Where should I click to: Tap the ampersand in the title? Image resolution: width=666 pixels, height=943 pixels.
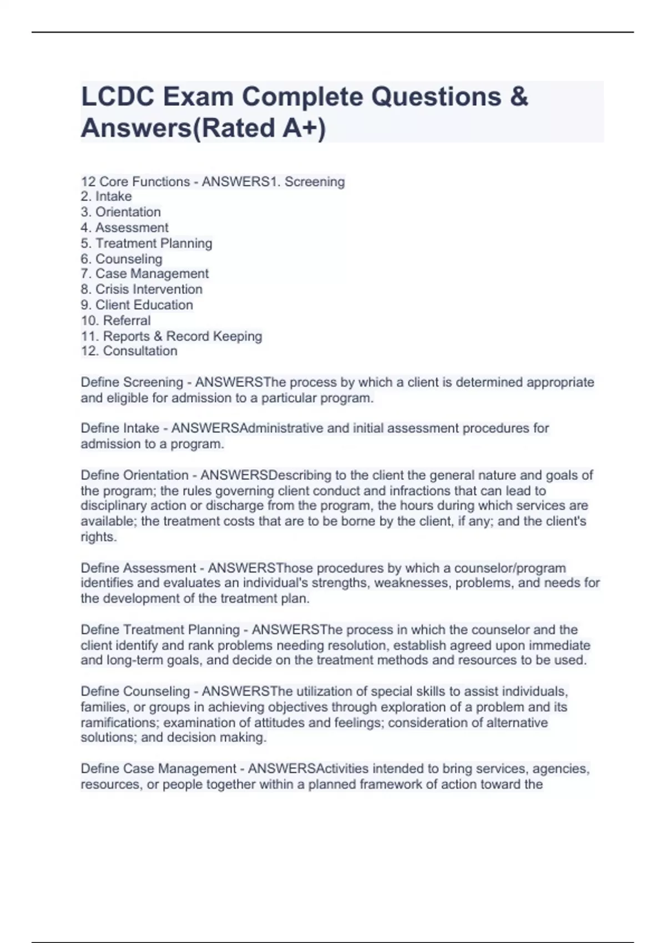click(518, 97)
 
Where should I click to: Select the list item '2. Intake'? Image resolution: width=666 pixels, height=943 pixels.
click(106, 196)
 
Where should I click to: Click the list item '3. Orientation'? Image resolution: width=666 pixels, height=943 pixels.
click(120, 212)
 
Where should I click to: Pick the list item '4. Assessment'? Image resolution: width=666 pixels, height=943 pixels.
click(124, 227)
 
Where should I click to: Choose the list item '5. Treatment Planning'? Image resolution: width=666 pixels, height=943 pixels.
click(146, 243)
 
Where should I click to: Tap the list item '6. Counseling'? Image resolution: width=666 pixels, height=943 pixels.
click(122, 258)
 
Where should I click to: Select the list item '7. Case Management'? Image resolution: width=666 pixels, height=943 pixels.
click(144, 273)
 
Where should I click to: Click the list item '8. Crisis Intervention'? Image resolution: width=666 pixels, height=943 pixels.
click(142, 289)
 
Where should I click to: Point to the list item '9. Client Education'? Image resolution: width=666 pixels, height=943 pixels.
click(137, 305)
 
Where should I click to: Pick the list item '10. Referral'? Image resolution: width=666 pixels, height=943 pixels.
click(115, 320)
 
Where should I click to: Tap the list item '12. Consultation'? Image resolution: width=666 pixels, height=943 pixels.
click(129, 351)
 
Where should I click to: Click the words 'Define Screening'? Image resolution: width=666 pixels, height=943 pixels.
click(132, 382)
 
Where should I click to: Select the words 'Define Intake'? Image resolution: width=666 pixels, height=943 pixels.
click(120, 428)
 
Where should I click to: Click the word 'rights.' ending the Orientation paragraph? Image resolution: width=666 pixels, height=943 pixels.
click(99, 537)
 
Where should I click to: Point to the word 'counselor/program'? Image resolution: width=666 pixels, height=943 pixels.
click(510, 568)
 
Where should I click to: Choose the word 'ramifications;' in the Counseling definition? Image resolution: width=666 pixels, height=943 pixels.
click(120, 722)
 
